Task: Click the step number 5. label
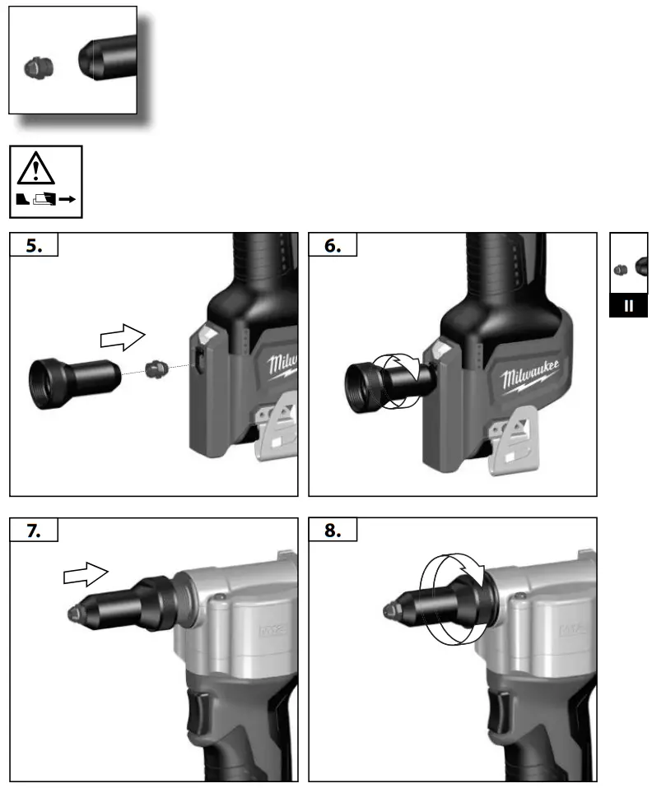click(34, 246)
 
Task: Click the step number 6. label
click(332, 246)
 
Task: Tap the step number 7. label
click(34, 531)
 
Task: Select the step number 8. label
click(332, 531)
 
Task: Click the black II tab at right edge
click(630, 305)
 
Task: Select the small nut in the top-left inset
click(35, 66)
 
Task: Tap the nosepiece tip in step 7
click(72, 612)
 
